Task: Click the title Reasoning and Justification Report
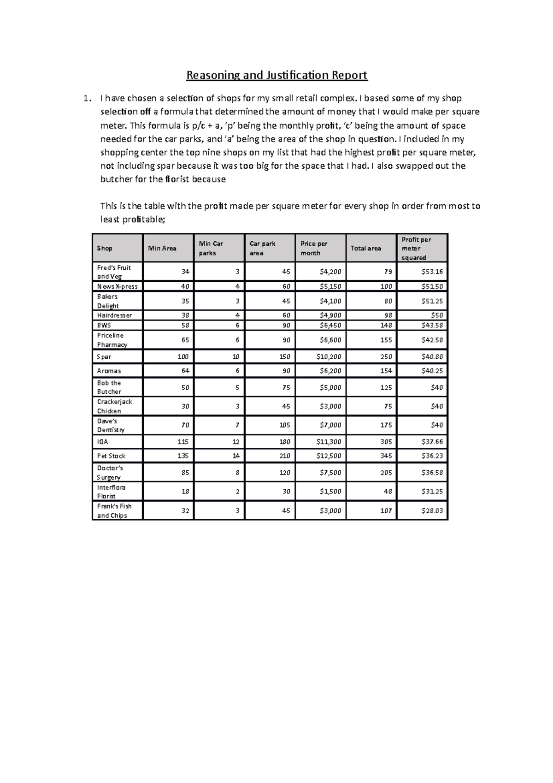[276, 75]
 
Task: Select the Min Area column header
[162, 248]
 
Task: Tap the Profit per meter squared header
[416, 248]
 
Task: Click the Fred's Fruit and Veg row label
[114, 272]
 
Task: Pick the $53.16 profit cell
[432, 272]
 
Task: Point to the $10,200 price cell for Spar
[329, 356]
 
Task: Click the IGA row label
[103, 442]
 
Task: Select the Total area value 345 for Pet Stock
[386, 456]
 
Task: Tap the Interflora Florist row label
[111, 492]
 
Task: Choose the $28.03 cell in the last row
[432, 510]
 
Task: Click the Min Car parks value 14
[235, 456]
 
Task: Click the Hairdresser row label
[114, 315]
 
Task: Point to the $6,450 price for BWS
[330, 325]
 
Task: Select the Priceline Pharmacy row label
[112, 340]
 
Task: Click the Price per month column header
[314, 248]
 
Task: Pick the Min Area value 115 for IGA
[183, 442]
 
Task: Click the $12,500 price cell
[329, 456]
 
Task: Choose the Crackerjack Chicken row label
[114, 406]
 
